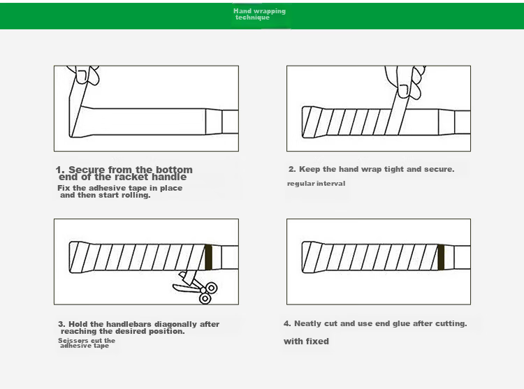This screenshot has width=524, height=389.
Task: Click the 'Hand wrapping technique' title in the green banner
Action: pyautogui.click(x=260, y=14)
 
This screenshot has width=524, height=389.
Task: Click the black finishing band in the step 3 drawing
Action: pyautogui.click(x=208, y=257)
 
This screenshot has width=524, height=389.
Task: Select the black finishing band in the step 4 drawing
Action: pyautogui.click(x=441, y=257)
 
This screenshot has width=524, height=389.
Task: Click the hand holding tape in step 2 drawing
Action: pyautogui.click(x=405, y=82)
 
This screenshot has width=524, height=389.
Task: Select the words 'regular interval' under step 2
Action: pyautogui.click(x=316, y=183)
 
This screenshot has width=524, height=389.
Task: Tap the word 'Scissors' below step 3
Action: pyautogui.click(x=70, y=341)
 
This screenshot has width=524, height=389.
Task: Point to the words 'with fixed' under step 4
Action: pyautogui.click(x=306, y=342)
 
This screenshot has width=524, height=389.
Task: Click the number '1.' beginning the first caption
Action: pyautogui.click(x=61, y=170)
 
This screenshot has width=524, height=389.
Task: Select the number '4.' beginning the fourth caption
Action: pyautogui.click(x=287, y=323)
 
